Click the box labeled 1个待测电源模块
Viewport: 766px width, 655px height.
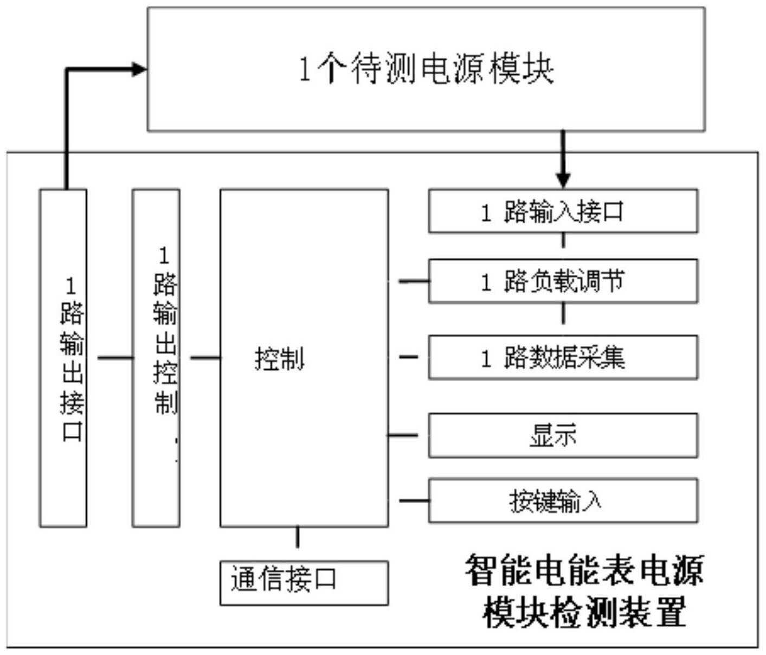click(x=426, y=69)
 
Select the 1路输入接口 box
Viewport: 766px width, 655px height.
click(x=563, y=211)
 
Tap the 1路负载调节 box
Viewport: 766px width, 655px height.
click(x=563, y=281)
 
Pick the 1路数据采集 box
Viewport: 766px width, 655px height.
click(x=563, y=357)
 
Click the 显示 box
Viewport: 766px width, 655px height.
click(x=563, y=435)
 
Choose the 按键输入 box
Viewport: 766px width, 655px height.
click(x=563, y=500)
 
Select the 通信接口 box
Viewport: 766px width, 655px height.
click(x=304, y=583)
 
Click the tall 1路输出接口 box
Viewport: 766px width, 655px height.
click(x=63, y=358)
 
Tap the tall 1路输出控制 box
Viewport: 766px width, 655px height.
click(x=156, y=358)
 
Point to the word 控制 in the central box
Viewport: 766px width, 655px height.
click(x=280, y=358)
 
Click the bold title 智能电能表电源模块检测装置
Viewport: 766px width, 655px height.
click(x=584, y=591)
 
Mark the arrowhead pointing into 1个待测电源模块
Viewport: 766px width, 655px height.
click(x=140, y=69)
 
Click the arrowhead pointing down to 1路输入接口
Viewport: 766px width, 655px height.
click(x=563, y=181)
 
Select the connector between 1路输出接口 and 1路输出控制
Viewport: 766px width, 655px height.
click(x=115, y=357)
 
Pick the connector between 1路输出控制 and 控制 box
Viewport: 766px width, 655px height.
click(x=205, y=357)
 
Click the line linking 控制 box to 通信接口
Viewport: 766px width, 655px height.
click(x=297, y=537)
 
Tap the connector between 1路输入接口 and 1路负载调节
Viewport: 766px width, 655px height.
click(x=563, y=241)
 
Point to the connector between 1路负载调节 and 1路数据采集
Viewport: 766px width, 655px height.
click(x=563, y=313)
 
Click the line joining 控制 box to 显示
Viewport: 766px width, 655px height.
click(x=403, y=435)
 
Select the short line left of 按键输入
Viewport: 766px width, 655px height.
click(x=414, y=500)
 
